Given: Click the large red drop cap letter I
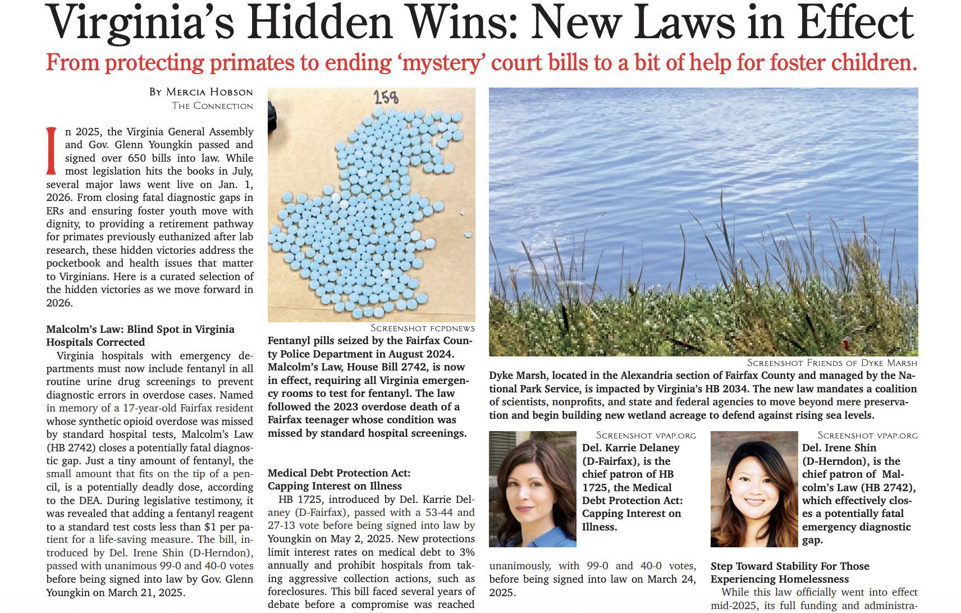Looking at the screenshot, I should pos(52,150).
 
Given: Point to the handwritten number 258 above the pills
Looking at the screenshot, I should pos(386,98).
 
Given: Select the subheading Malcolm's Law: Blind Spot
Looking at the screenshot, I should pos(140,330).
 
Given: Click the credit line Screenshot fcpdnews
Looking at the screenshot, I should pos(422,328).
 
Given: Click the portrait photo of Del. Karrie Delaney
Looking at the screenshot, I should pos(532,488).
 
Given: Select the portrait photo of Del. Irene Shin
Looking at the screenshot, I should pos(753,488).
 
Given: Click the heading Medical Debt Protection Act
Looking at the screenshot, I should pos(339,473).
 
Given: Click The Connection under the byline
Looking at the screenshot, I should pos(212,106).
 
